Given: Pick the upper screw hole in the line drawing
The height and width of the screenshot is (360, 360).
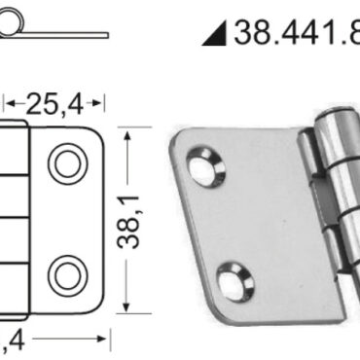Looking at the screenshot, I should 66,163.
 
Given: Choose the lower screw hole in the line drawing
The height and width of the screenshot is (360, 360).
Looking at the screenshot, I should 66,274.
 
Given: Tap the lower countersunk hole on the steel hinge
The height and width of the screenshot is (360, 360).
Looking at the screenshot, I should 234,281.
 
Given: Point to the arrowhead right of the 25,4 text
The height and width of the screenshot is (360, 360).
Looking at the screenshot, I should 99,100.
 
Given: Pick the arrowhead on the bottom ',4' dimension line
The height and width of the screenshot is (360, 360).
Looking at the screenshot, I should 100,340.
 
